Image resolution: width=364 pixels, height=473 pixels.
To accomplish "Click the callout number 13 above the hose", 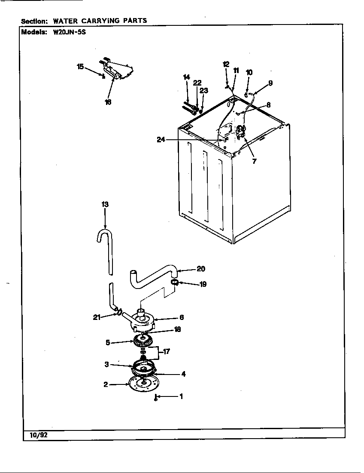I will coord(105,205).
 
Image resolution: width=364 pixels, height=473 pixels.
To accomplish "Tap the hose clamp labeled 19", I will coord(175,283).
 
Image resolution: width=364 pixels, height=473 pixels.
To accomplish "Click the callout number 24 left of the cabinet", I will coord(161,140).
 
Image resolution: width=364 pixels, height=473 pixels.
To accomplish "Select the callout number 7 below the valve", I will coord(254,162).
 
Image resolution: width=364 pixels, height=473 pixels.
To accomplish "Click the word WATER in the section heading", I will coord(67,20).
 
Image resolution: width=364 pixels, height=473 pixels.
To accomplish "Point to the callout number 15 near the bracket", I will coord(80,66).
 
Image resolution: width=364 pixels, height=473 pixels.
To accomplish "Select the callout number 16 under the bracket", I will coord(108,102).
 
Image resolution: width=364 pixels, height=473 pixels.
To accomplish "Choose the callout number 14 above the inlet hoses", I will coord(186,77).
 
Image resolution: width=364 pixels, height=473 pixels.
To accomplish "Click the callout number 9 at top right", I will coord(270,83).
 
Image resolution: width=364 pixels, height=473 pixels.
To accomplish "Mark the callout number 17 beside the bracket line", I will coord(166,351).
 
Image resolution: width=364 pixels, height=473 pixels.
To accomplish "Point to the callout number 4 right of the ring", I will coord(183,374).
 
